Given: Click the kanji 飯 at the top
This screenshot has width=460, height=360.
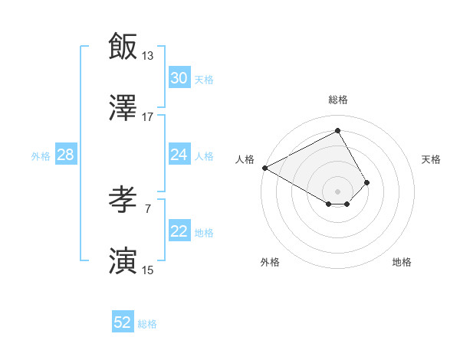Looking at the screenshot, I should [x=123, y=45].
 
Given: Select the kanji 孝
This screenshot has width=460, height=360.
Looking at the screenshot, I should [x=123, y=200].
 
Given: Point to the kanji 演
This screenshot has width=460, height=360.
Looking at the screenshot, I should [x=123, y=261].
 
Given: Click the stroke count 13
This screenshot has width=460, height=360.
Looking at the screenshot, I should [x=148, y=55].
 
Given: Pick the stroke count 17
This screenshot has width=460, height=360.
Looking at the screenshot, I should [x=148, y=116].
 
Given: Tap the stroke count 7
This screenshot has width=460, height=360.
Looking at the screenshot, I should [x=148, y=208].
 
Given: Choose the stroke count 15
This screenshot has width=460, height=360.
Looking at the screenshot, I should [x=148, y=270].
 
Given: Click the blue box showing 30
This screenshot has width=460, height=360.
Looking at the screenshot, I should [x=179, y=78].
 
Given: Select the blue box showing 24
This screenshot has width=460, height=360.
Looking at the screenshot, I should [x=179, y=155].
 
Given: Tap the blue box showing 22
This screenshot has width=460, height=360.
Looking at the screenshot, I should [x=179, y=232].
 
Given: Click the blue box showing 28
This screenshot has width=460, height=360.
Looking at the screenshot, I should [x=65, y=155].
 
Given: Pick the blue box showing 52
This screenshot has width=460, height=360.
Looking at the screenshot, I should [x=123, y=322].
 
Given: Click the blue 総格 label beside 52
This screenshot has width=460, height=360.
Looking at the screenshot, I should [x=147, y=324].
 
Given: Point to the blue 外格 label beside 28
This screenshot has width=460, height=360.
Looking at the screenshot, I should [x=41, y=156].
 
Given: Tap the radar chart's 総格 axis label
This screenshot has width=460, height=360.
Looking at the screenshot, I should [x=338, y=100].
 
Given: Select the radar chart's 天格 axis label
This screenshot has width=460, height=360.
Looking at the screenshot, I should [x=431, y=159].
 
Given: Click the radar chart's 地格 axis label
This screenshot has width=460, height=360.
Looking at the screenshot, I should [x=402, y=262].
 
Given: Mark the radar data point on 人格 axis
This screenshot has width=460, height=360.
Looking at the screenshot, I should [x=264, y=168].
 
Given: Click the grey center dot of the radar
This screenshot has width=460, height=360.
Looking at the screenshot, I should [x=338, y=191].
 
